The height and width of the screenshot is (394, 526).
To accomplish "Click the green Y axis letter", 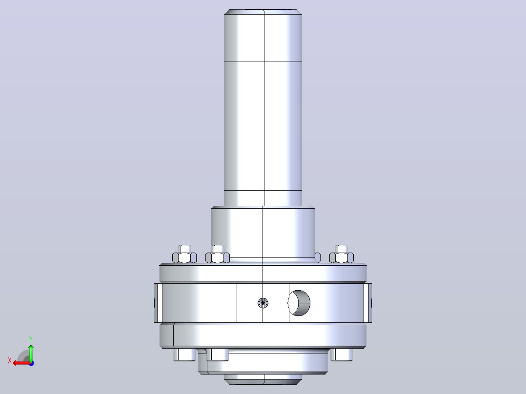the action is [x=31, y=339].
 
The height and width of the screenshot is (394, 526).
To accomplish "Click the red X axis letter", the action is [x=10, y=360].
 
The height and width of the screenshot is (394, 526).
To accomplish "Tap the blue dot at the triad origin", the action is [x=31, y=363].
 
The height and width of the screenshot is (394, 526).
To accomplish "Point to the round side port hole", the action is [x=299, y=303].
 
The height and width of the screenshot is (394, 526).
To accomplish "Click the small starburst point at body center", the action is [x=263, y=303].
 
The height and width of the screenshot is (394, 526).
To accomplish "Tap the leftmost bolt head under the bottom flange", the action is [x=184, y=355].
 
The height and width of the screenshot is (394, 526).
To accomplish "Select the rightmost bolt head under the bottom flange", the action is [x=342, y=355].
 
